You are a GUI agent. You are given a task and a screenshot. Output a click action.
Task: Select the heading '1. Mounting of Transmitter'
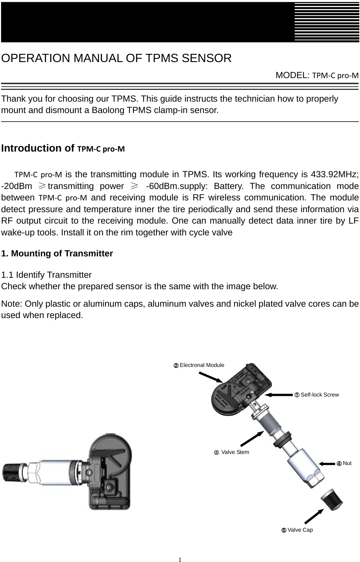click(57, 254)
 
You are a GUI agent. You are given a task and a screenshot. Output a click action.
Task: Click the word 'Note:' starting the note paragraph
click(12, 304)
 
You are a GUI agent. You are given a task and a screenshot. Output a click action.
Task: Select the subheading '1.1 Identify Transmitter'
click(46, 275)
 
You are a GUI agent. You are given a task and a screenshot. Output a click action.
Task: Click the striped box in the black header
click(326, 21)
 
